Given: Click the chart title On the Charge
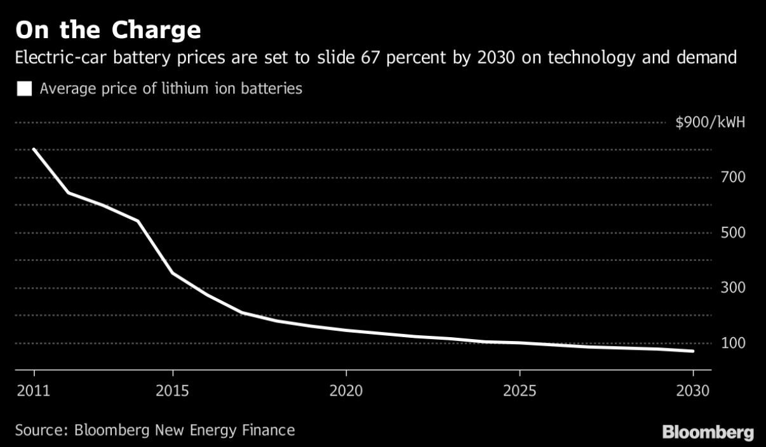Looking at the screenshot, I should [108, 30].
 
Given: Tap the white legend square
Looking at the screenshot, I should [25, 89].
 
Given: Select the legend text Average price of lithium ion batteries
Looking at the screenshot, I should [171, 89].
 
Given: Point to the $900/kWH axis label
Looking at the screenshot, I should [710, 123].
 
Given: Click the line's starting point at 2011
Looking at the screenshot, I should [34, 150].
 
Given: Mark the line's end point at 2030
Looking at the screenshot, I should [693, 351].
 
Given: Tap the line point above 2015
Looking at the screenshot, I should [173, 273].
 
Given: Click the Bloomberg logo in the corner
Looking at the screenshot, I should [708, 432].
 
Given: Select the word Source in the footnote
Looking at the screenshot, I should [40, 430].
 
